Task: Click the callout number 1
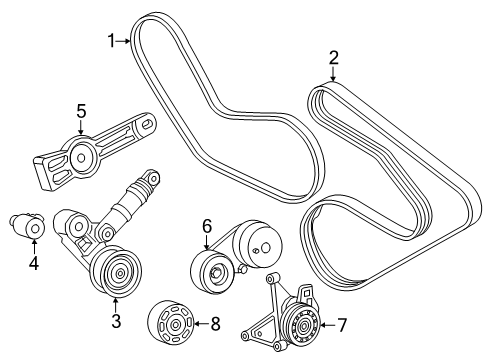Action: point(113,40)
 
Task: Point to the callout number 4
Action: point(33,264)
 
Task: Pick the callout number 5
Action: point(82,111)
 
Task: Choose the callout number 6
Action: point(207,227)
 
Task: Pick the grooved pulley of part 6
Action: point(212,271)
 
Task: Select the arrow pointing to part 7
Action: point(328,324)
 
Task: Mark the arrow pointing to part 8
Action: point(199,322)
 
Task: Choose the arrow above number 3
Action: point(116,302)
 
